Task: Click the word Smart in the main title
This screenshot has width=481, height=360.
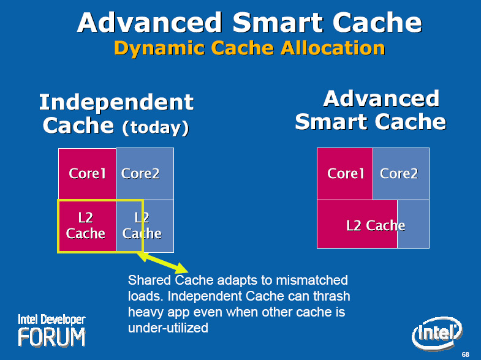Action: (x=278, y=23)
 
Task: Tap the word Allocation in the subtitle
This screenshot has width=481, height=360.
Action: (x=333, y=48)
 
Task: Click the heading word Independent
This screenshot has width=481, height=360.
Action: (x=116, y=103)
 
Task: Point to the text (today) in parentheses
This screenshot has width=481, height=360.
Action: (x=156, y=127)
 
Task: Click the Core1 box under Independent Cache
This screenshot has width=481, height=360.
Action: (x=87, y=174)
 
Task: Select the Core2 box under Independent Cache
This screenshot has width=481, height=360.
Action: (x=145, y=174)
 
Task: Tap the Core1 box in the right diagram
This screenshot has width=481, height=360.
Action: (x=345, y=174)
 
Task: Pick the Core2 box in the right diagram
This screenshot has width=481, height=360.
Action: (x=401, y=174)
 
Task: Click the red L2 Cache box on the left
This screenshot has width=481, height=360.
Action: (x=87, y=226)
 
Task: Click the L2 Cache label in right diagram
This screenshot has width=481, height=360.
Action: (x=376, y=226)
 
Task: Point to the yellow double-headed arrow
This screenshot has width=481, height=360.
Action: (x=162, y=263)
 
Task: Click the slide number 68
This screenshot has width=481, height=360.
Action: (x=465, y=354)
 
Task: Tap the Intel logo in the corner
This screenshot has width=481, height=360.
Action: (x=437, y=333)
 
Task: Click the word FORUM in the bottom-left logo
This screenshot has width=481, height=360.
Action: (x=51, y=337)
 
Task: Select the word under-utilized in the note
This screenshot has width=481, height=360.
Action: (x=168, y=328)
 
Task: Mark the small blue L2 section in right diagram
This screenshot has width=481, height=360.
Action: (x=413, y=224)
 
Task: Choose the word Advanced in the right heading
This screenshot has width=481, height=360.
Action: (x=381, y=99)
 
